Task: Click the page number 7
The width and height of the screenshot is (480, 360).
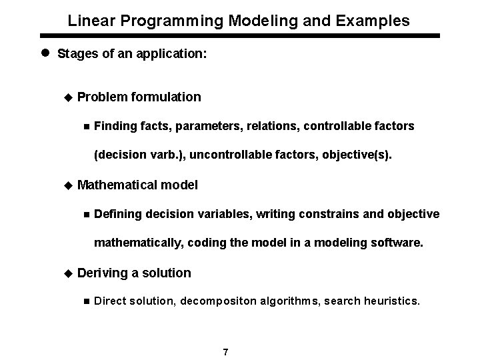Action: tap(226, 352)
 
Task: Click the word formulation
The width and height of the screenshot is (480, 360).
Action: tap(166, 97)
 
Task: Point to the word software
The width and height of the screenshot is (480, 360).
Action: tap(397, 243)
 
